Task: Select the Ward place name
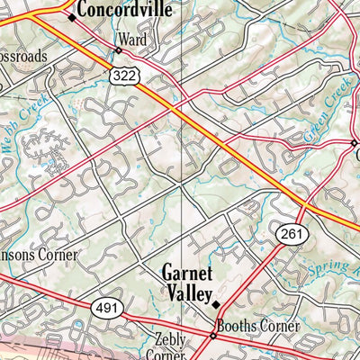click(130, 40)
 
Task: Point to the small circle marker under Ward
click(117, 50)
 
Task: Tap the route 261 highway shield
click(288, 232)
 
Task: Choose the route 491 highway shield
click(104, 308)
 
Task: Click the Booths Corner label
click(256, 328)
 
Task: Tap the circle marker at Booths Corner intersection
click(213, 336)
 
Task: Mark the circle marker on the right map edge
click(354, 142)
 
